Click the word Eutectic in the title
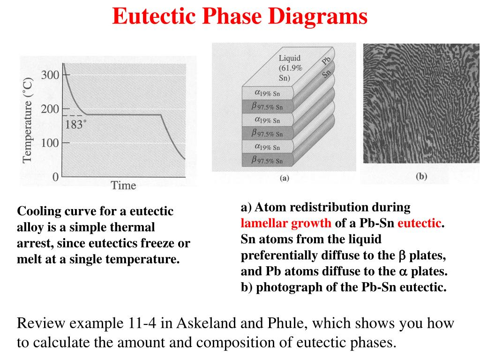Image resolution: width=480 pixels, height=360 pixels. click(x=154, y=15)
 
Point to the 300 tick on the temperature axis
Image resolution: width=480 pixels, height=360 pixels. click(x=50, y=75)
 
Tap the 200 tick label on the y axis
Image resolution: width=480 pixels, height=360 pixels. click(x=50, y=109)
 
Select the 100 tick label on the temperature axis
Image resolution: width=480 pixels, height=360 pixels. click(x=50, y=142)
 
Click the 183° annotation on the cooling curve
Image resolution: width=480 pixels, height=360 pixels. click(x=75, y=124)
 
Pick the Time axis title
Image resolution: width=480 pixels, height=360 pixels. click(x=123, y=185)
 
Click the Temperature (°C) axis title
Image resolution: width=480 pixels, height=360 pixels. click(x=27, y=120)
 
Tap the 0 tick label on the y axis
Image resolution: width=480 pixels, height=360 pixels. click(x=55, y=177)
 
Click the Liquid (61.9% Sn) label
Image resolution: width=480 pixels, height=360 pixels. click(x=290, y=67)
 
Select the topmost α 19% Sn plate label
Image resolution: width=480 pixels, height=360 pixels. click(x=267, y=93)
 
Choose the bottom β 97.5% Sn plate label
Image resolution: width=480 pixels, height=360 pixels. click(x=267, y=160)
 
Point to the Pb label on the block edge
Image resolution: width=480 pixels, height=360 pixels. click(x=326, y=60)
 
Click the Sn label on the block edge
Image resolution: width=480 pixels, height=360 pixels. click(x=326, y=74)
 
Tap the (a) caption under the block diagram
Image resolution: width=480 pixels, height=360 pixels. click(x=285, y=178)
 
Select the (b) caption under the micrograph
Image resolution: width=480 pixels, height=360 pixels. click(x=421, y=176)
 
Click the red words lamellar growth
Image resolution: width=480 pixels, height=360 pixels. click(x=286, y=223)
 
